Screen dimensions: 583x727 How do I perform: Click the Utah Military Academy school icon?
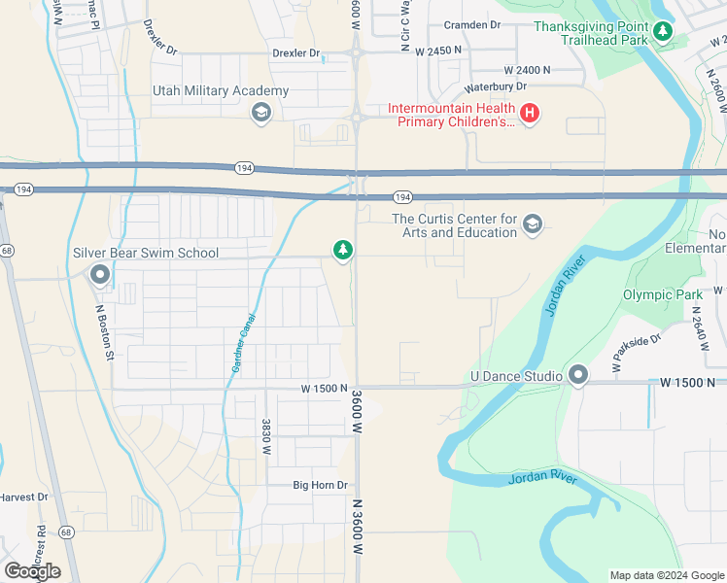point(260,115)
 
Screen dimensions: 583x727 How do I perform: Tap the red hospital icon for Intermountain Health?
point(530,115)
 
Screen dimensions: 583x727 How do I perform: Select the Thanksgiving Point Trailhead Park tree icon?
point(663,33)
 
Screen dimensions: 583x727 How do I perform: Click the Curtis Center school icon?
point(532,225)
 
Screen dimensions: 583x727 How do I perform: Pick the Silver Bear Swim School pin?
point(99,276)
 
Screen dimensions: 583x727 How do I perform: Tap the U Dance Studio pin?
point(579,376)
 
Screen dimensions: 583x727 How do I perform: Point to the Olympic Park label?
point(660,294)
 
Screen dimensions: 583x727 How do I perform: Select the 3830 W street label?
point(264,437)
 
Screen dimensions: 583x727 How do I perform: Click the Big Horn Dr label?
point(320,485)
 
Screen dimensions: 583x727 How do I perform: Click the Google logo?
point(32,570)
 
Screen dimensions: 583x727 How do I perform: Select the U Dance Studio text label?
point(515,376)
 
